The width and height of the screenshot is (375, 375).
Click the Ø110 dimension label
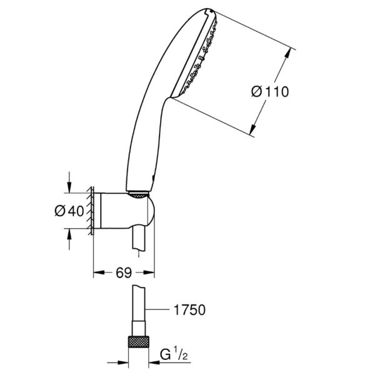pos(270,92)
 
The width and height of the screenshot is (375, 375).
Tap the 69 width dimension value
pos(124,272)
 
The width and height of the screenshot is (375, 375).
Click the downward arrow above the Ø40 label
pos(69,188)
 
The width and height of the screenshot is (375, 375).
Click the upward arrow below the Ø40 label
pos(69,232)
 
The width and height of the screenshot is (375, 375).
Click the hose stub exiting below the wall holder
pos(139,241)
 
